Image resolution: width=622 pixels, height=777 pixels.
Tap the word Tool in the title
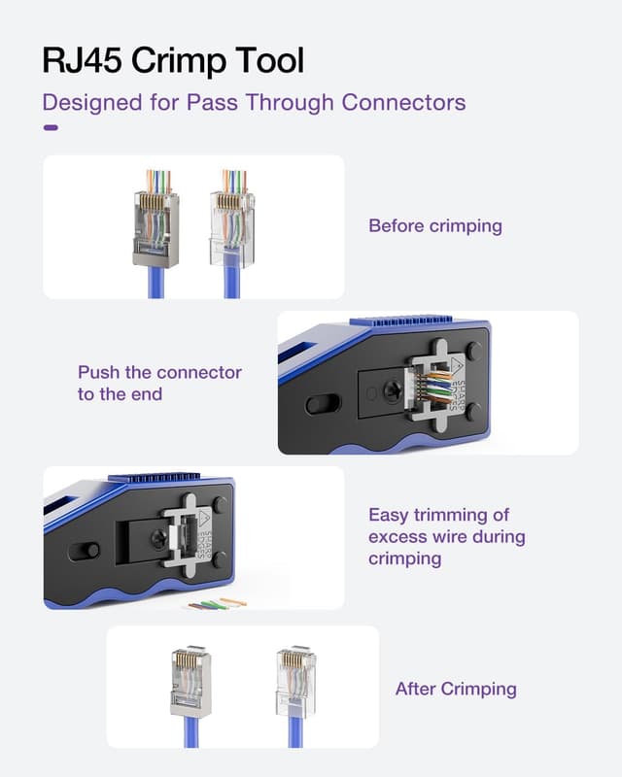click(267, 60)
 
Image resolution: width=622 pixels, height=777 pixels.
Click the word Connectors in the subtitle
click(410, 102)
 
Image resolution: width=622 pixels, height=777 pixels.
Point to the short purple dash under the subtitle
click(51, 127)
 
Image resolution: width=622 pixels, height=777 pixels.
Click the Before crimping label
click(434, 226)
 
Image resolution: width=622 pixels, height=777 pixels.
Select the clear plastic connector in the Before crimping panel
click(231, 228)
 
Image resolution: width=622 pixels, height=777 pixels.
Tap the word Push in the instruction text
click(98, 372)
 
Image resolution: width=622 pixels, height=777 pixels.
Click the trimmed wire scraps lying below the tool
click(217, 604)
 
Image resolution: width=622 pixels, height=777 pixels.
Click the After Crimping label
click(455, 689)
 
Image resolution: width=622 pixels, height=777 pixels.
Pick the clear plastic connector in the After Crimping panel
click(294, 680)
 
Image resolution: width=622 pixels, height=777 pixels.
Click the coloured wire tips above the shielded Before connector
click(157, 182)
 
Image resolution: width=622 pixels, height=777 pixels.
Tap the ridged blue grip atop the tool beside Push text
click(418, 321)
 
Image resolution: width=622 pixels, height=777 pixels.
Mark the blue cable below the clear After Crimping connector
click(294, 733)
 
